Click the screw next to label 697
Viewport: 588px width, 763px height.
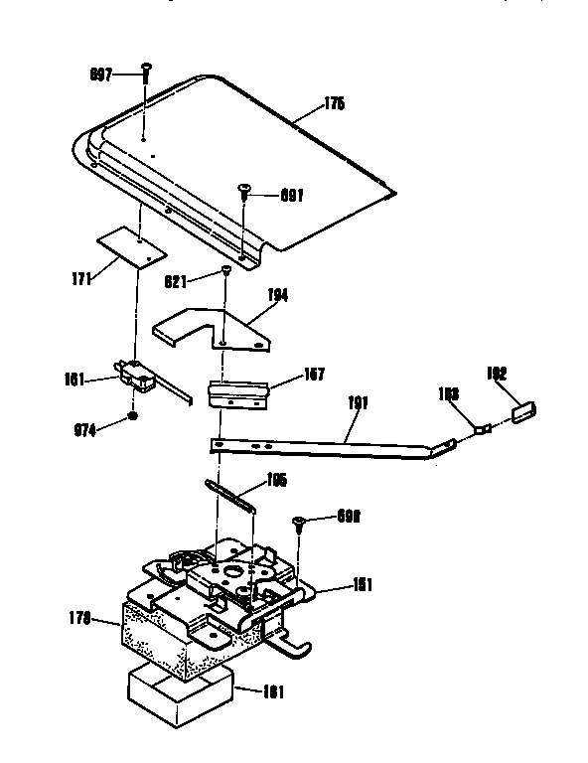[x=146, y=72]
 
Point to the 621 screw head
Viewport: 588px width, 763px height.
[x=226, y=270]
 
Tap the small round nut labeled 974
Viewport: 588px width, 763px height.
[x=133, y=417]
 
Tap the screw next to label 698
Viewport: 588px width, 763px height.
[x=297, y=523]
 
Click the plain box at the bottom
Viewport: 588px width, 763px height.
[x=180, y=695]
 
